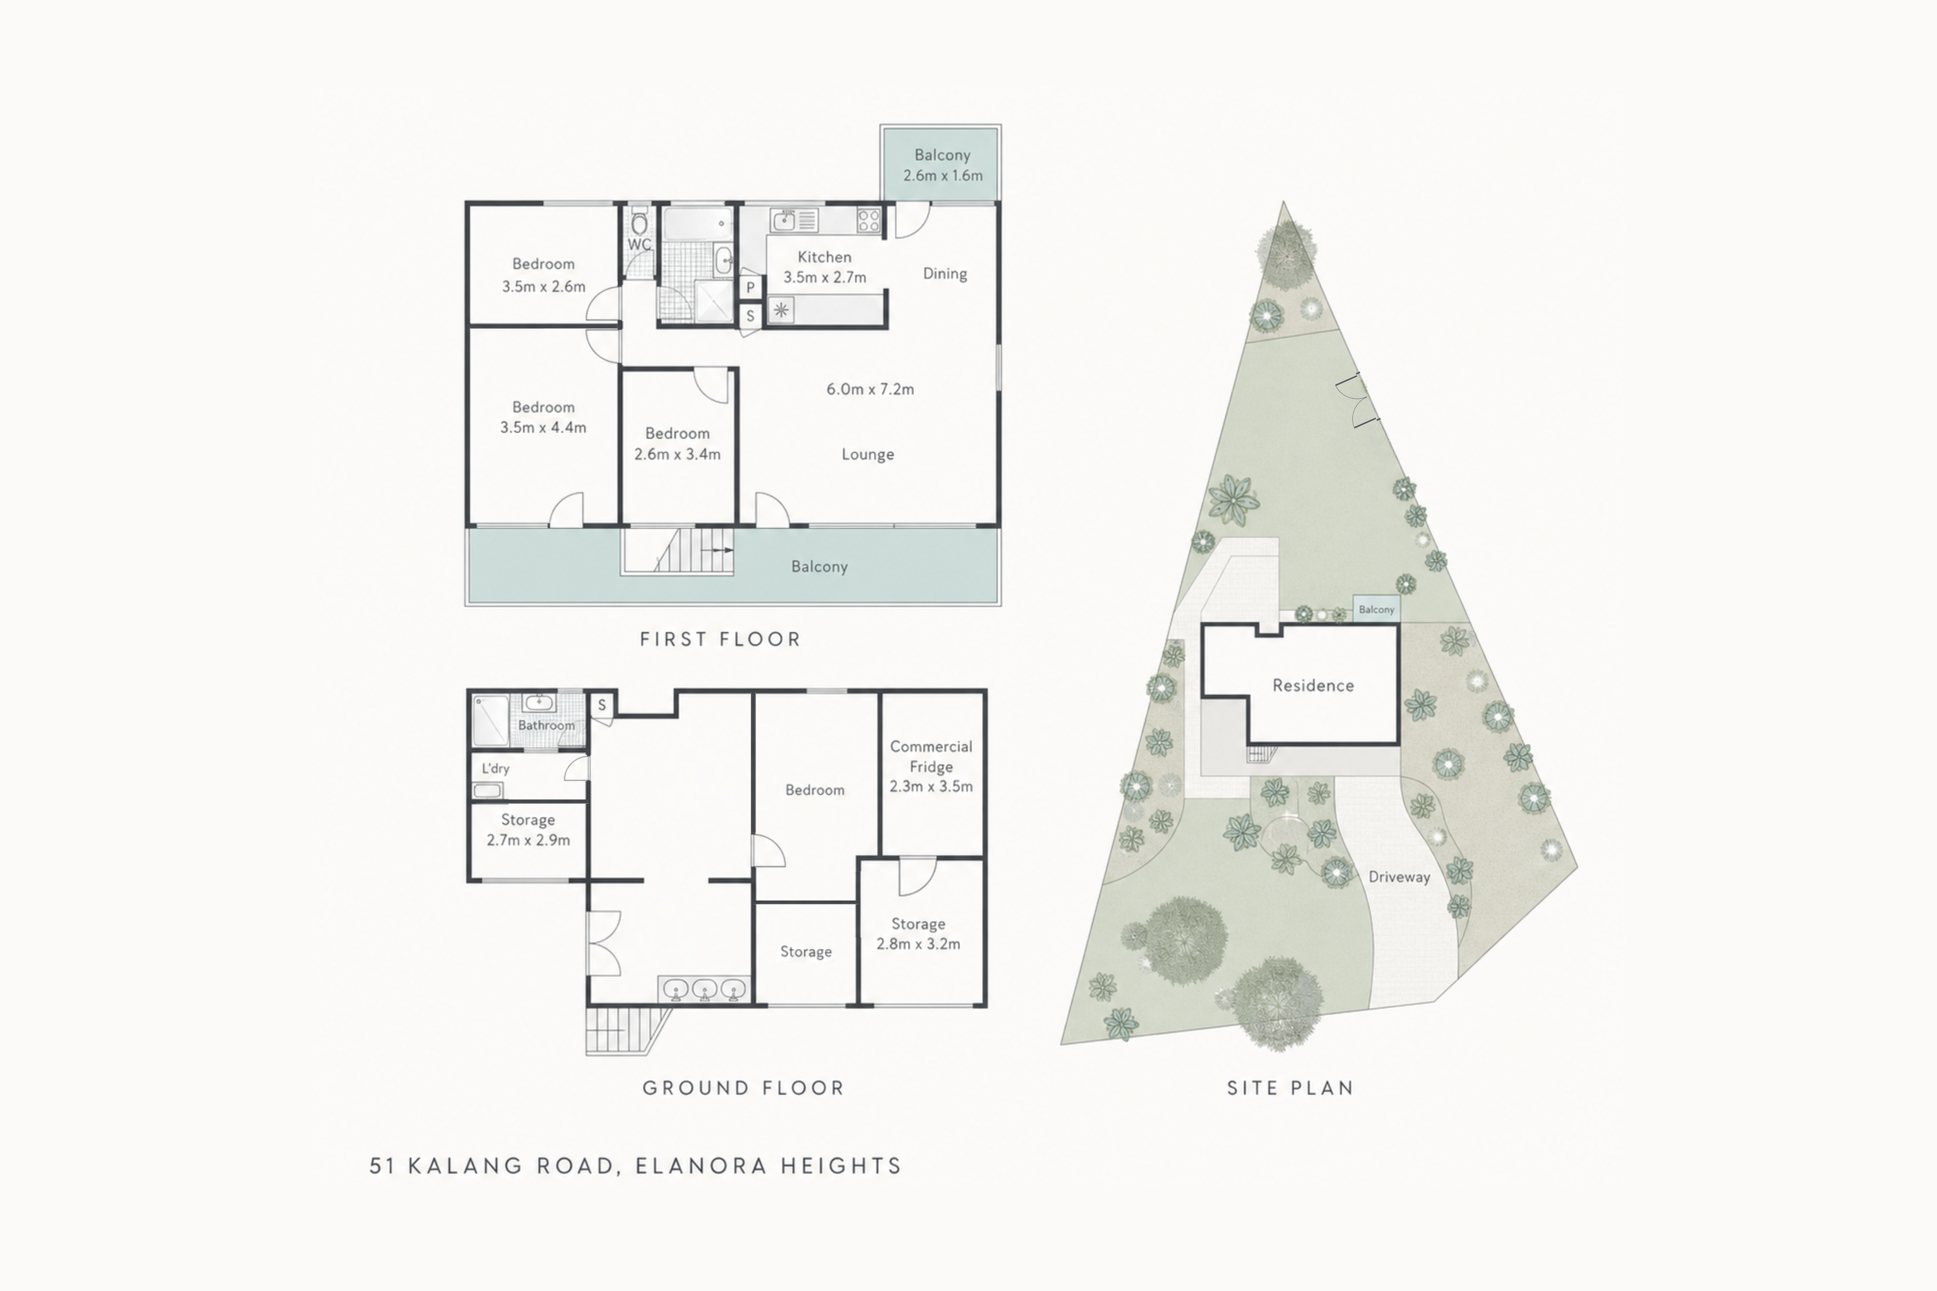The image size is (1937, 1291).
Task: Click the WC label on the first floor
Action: click(x=639, y=244)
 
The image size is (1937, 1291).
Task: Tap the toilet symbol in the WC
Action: click(x=639, y=222)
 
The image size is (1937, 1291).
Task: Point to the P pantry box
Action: click(x=750, y=287)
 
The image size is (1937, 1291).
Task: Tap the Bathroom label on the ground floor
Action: click(x=546, y=725)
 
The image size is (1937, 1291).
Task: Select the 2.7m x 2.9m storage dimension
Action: click(x=528, y=841)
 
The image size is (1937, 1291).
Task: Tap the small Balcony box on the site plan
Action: click(x=1376, y=609)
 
